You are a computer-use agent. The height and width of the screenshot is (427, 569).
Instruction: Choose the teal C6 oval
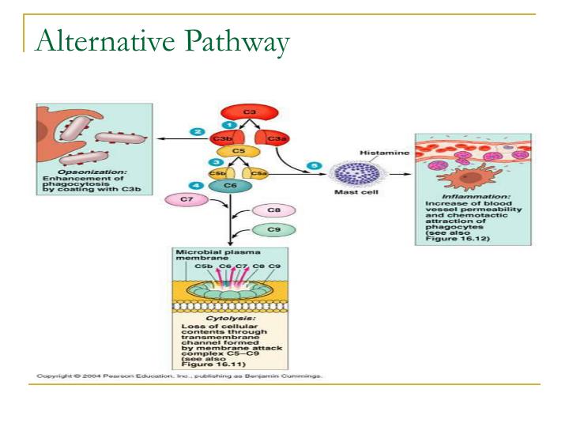(231, 185)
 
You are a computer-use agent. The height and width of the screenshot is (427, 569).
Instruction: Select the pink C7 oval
(187, 200)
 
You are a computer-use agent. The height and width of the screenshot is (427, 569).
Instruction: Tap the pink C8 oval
(273, 211)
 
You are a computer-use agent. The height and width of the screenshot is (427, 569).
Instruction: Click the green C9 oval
(273, 229)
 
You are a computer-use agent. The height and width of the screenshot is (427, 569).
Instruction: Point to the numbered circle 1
(228, 124)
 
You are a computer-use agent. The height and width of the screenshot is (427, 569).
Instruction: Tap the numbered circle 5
(315, 165)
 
